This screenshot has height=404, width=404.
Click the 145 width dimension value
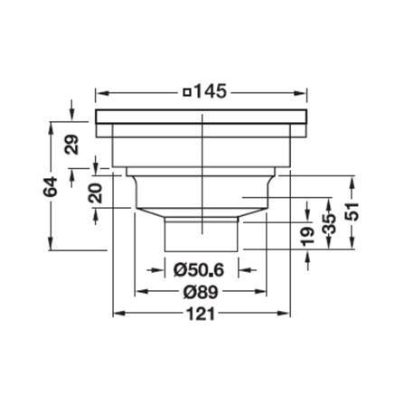coord(210,91)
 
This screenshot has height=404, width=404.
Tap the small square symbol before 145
coord(187,92)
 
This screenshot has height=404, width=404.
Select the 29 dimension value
coord(72,145)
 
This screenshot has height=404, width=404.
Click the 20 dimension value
coord(95,193)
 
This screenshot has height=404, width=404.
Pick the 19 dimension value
coord(307,236)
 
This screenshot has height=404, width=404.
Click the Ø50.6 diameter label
coord(199,270)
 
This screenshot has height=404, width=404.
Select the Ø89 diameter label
coord(201,292)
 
